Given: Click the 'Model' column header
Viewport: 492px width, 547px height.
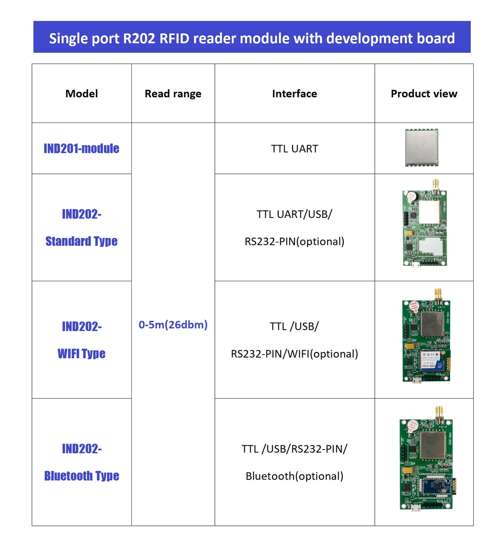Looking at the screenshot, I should click(81, 94).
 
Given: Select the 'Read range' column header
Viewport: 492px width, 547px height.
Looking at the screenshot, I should click(173, 94).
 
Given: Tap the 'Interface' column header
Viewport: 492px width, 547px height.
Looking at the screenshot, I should click(294, 94).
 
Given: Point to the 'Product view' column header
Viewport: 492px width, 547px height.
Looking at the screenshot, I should click(424, 94).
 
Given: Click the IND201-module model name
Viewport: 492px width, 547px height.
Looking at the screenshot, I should click(81, 148).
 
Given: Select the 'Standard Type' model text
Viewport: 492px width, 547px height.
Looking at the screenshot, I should click(81, 241).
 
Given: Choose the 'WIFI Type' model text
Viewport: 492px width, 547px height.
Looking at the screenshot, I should click(81, 353).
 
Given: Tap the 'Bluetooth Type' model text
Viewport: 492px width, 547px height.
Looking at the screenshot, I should click(81, 476).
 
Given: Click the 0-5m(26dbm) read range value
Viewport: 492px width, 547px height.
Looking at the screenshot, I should click(173, 324).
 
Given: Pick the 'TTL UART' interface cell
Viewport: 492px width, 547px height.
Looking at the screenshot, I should click(294, 149).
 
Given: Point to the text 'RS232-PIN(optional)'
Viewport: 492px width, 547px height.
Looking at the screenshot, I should click(294, 241).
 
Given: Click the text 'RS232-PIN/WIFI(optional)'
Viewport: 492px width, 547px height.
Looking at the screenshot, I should click(294, 354).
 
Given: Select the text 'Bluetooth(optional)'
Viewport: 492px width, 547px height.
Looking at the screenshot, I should click(294, 476).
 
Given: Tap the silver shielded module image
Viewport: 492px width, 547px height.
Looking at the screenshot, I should click(422, 147).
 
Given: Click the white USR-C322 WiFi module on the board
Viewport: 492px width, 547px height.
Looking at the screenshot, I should click(431, 360).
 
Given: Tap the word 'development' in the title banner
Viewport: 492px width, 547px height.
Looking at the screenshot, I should click(369, 38).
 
